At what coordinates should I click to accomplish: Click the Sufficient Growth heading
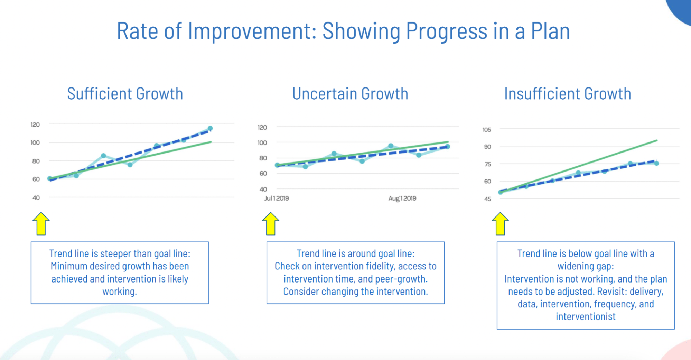pyautogui.click(x=125, y=94)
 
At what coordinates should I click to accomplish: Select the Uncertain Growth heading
pyautogui.click(x=350, y=94)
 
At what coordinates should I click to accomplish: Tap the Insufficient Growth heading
pyautogui.click(x=568, y=94)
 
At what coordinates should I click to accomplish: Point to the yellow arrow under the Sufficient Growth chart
pyautogui.click(x=41, y=224)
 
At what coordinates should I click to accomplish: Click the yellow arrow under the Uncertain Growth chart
pyautogui.click(x=271, y=224)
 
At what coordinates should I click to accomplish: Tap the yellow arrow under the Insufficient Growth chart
pyautogui.click(x=500, y=224)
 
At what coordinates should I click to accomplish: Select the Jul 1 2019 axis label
pyautogui.click(x=277, y=198)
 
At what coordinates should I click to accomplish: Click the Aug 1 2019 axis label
pyautogui.click(x=402, y=198)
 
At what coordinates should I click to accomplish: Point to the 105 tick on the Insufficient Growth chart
pyautogui.click(x=487, y=130)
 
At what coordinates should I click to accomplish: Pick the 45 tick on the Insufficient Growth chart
pyautogui.click(x=487, y=199)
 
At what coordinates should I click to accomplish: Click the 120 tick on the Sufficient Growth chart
pyautogui.click(x=35, y=124)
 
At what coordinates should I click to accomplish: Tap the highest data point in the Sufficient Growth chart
pyautogui.click(x=210, y=128)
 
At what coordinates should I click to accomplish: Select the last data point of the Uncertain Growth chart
pyautogui.click(x=448, y=147)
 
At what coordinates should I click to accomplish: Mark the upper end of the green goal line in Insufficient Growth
pyautogui.click(x=656, y=140)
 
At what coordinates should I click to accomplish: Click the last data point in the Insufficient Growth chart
pyautogui.click(x=656, y=163)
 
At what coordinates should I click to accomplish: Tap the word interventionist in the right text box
pyautogui.click(x=586, y=316)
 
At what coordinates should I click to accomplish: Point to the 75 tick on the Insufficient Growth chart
pyautogui.click(x=487, y=164)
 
